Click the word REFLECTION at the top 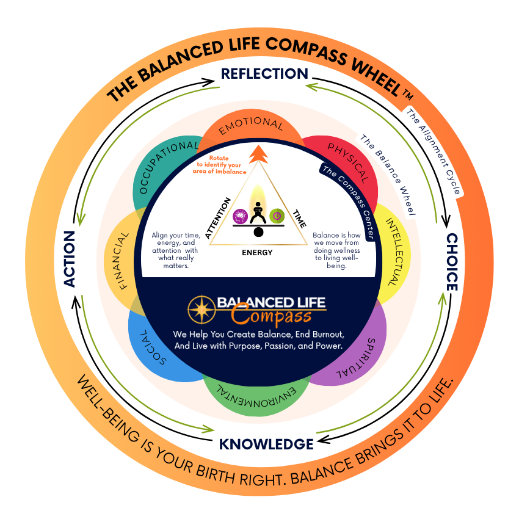pos(264,74)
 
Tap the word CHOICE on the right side pos(451,262)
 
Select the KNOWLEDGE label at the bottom pos(267,444)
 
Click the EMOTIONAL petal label pos(252,122)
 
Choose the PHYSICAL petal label pos(349,162)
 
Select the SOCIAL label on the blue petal pos(153,349)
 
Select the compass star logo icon pos(200,310)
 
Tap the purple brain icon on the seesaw pos(239,216)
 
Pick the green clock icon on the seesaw pos(277,216)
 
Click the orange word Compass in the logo pos(272,317)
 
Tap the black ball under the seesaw pos(258,232)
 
